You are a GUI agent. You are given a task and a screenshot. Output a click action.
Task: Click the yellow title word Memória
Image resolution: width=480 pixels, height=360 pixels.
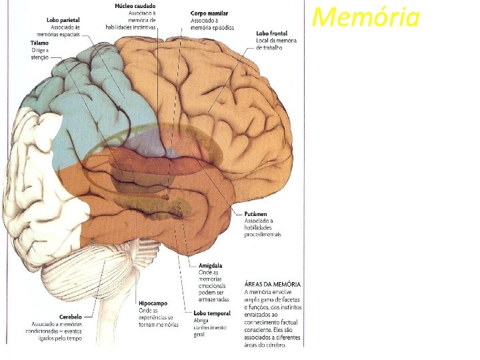(x=366, y=17)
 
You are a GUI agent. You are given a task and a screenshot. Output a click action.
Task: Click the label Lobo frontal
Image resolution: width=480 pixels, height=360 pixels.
(x=272, y=33)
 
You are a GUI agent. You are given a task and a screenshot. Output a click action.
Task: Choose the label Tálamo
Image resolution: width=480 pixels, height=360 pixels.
(x=39, y=43)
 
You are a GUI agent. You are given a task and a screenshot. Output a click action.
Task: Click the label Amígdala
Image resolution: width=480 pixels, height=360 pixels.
(x=211, y=265)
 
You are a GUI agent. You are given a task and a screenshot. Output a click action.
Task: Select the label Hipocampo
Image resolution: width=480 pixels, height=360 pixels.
(x=153, y=303)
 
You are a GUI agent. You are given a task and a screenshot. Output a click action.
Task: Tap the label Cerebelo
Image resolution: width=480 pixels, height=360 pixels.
(x=70, y=317)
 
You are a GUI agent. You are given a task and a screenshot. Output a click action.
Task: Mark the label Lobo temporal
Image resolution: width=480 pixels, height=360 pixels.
(x=211, y=313)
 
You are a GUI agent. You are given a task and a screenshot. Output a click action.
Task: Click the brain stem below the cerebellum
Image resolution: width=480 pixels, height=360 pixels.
(x=145, y=293)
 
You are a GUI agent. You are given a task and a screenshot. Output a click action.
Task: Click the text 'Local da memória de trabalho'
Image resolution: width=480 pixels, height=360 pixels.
(x=273, y=45)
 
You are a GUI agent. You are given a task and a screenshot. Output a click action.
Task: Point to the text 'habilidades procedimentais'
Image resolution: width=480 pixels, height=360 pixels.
(x=262, y=231)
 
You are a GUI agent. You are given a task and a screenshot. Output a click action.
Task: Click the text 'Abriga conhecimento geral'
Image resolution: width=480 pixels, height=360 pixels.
(x=210, y=327)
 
